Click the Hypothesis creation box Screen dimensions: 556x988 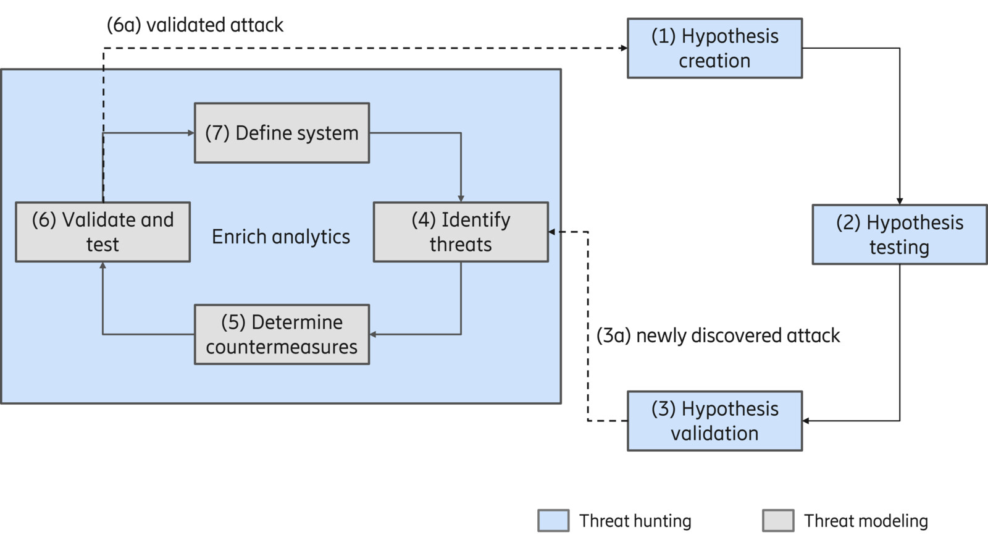click(x=714, y=48)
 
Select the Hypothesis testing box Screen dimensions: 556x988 click(x=899, y=235)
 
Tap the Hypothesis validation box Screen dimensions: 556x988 click(x=714, y=421)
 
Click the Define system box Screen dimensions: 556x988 click(x=282, y=133)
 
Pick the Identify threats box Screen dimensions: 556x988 click(x=461, y=232)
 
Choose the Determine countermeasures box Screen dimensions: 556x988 click(x=282, y=334)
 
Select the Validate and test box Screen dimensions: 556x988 click(x=103, y=232)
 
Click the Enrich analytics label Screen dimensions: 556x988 click(x=281, y=237)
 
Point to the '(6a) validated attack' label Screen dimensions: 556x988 click(x=195, y=25)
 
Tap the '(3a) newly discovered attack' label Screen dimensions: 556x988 click(x=718, y=335)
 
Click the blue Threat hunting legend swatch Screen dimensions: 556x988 click(x=553, y=521)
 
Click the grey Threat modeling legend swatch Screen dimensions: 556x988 click(x=778, y=521)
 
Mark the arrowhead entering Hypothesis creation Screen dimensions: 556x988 click(x=624, y=48)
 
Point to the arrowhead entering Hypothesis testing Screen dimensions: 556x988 click(x=900, y=201)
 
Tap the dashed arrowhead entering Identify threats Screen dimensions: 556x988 click(x=552, y=232)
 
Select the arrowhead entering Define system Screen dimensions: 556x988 click(x=191, y=133)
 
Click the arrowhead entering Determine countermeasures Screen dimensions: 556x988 click(x=373, y=334)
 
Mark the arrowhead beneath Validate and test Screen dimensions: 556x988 click(x=103, y=266)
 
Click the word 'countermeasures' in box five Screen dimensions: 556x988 click(x=282, y=347)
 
